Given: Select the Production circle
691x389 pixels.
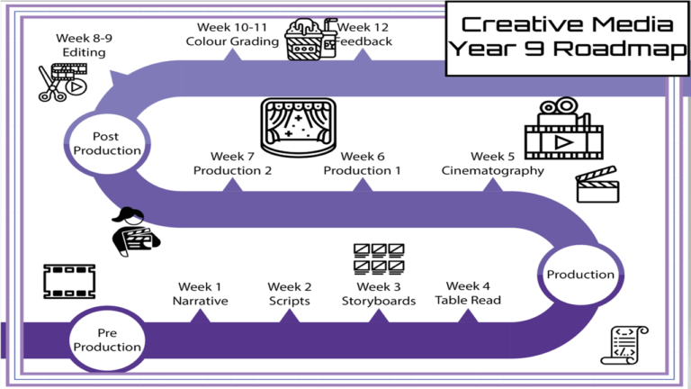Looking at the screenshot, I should [580, 275].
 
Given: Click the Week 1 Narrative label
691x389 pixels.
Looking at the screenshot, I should [200, 294].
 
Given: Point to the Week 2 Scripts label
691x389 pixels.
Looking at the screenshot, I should [290, 294].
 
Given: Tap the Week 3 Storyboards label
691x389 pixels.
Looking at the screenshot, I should [378, 294].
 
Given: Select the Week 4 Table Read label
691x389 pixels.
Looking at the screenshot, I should [468, 294].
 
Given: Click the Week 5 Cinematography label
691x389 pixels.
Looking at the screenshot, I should [492, 164].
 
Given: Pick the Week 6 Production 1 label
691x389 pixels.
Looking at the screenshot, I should [362, 164].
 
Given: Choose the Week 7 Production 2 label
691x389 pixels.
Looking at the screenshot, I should [232, 164].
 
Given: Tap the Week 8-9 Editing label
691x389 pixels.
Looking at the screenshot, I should [80, 45].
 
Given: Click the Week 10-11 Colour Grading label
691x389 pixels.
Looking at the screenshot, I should [232, 34].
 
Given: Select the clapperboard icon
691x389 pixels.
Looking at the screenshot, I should [597, 185].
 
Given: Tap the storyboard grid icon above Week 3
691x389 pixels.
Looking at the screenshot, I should [378, 258].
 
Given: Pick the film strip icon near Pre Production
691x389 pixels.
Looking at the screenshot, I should [69, 282].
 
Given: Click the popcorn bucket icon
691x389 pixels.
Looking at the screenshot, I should [303, 40].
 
